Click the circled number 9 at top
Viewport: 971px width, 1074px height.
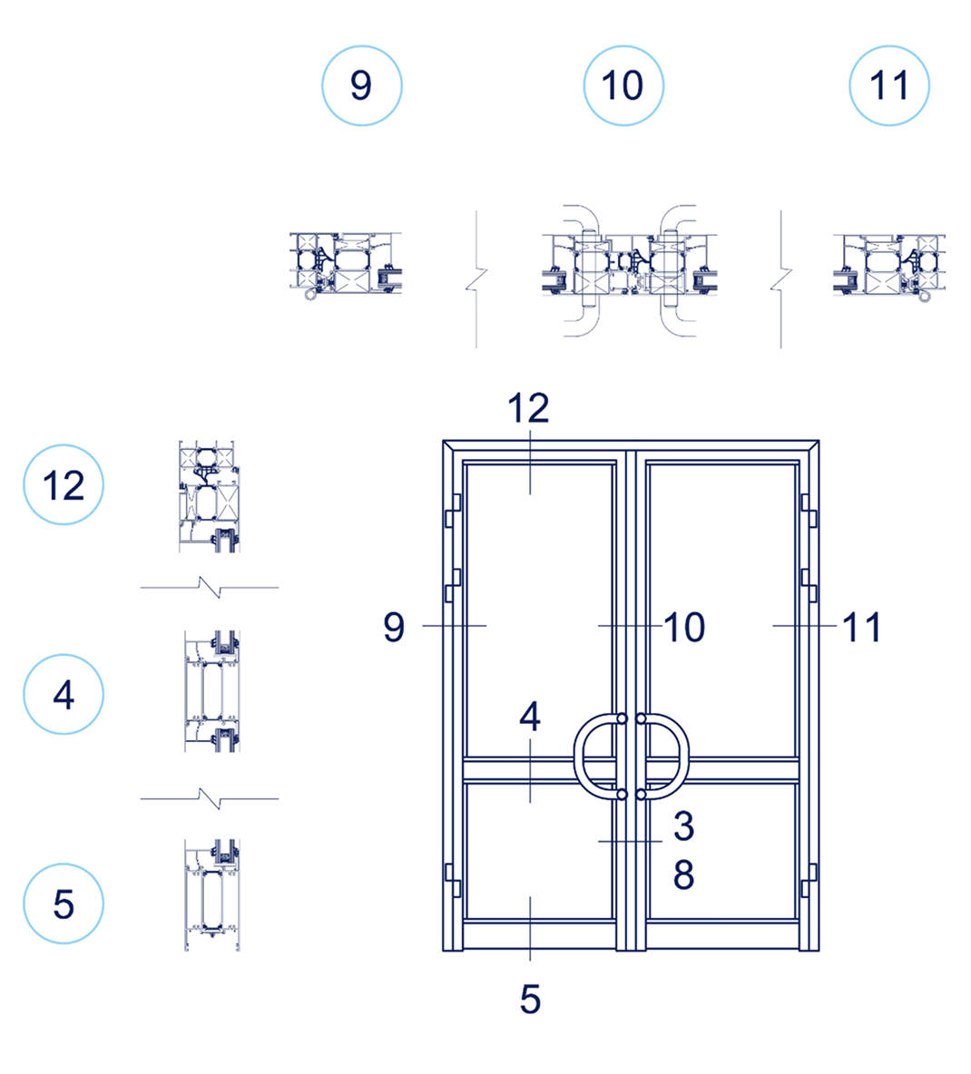[361, 85]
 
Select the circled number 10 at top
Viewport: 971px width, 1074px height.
[623, 85]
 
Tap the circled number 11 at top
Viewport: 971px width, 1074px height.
[889, 85]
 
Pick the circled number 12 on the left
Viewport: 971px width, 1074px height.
[64, 484]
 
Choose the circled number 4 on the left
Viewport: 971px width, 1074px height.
[64, 695]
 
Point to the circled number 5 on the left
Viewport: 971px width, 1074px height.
[64, 903]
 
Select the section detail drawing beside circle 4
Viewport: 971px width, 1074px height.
[212, 691]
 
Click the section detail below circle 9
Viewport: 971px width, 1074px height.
[346, 264]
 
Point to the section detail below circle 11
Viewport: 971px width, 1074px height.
[889, 266]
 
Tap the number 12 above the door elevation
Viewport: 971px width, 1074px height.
[528, 408]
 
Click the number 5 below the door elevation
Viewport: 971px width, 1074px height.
[530, 1000]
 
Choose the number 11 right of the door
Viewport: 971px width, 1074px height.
[862, 628]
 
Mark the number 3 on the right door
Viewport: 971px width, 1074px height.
[683, 825]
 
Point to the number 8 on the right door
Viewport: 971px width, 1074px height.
[683, 874]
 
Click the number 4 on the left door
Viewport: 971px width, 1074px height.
[530, 717]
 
